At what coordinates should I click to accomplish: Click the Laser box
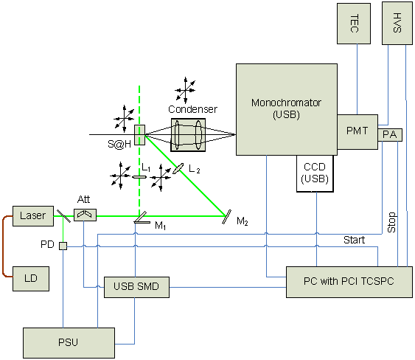click(x=33, y=216)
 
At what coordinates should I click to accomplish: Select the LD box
click(x=31, y=279)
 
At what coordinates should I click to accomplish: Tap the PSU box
click(x=69, y=343)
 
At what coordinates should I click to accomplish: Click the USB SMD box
click(x=136, y=287)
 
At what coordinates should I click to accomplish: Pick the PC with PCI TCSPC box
click(x=349, y=282)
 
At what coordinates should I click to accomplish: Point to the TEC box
click(x=354, y=24)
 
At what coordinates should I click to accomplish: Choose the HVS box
click(x=397, y=23)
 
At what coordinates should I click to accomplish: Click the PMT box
click(x=358, y=132)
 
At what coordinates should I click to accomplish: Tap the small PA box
click(x=390, y=135)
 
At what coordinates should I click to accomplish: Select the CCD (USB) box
click(x=315, y=173)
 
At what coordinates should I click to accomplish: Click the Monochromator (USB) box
click(x=287, y=109)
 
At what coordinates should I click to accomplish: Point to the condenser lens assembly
click(x=188, y=135)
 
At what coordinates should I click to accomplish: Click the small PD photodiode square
click(x=63, y=246)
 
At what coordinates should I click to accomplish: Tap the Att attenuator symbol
click(x=85, y=215)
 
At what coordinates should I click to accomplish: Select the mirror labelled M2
click(x=226, y=217)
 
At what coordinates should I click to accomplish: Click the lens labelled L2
click(x=178, y=168)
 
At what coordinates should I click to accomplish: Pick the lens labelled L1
click(x=139, y=177)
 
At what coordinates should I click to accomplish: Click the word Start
click(x=354, y=240)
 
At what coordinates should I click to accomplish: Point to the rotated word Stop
click(x=391, y=222)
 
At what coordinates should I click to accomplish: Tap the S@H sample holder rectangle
click(x=140, y=135)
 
